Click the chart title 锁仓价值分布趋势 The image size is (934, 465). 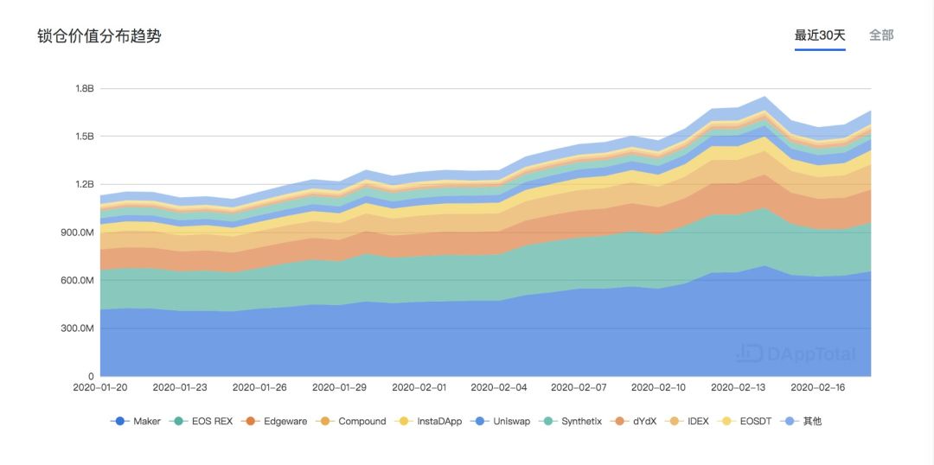click(x=99, y=36)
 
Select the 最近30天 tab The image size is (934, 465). click(x=820, y=35)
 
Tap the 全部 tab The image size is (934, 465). click(x=881, y=35)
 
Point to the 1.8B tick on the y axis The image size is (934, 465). click(x=84, y=89)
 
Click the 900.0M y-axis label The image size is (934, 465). click(x=77, y=232)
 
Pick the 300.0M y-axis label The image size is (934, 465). click(x=77, y=328)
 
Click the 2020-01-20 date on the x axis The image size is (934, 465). click(x=100, y=388)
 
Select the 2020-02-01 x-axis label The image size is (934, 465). click(x=419, y=388)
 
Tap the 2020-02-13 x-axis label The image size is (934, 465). click(x=739, y=388)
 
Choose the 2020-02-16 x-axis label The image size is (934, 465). click(x=818, y=388)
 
